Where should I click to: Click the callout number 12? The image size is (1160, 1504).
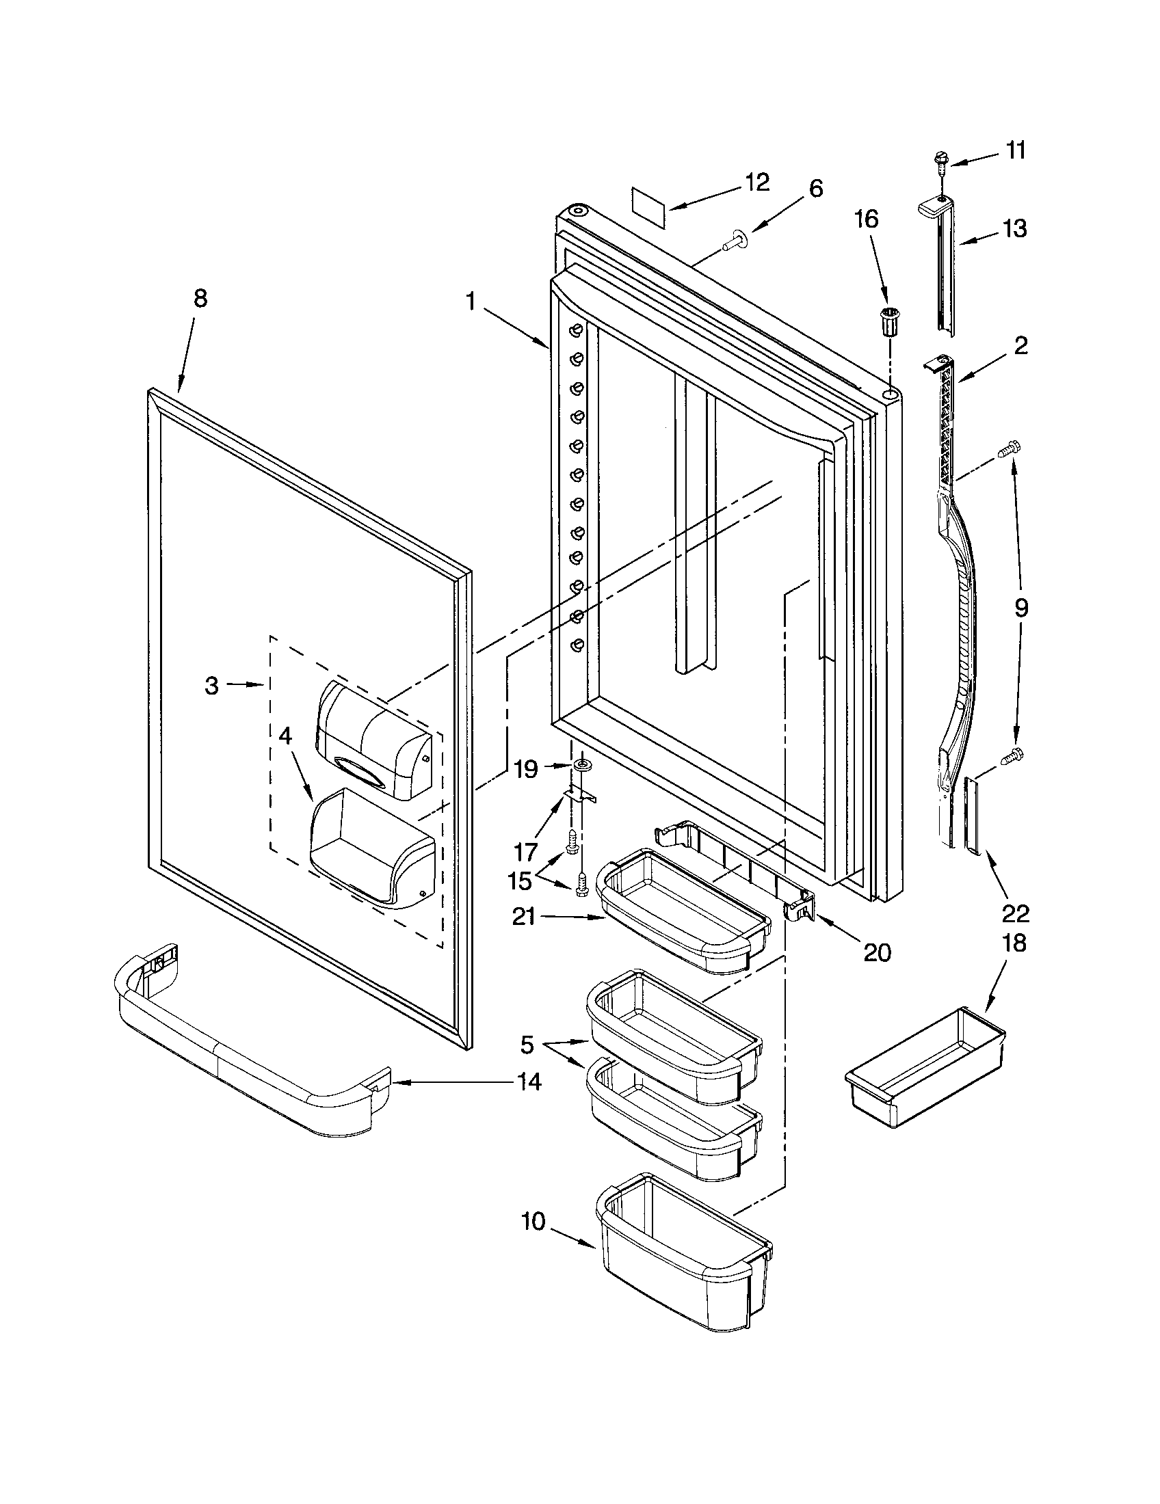[x=756, y=183]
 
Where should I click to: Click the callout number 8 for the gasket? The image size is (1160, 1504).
[x=200, y=299]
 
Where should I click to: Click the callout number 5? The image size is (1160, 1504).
[x=526, y=1045]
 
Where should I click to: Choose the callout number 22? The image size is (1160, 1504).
[x=1016, y=914]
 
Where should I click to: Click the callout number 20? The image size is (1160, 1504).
[x=877, y=953]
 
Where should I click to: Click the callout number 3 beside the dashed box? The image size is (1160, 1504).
[x=211, y=685]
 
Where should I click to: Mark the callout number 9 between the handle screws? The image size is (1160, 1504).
[x=1021, y=607]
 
